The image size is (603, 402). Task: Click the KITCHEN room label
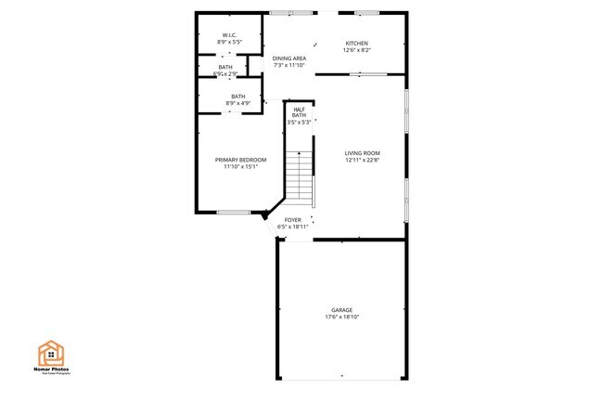(357, 44)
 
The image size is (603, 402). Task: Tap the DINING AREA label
(289, 58)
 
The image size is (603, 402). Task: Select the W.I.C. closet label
(228, 35)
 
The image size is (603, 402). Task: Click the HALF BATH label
(299, 111)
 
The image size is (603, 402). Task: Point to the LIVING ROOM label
(362, 153)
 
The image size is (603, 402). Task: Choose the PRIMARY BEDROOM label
(240, 160)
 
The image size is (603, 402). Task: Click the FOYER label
(292, 220)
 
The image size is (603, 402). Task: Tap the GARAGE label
(342, 310)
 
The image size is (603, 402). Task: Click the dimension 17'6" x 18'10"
(342, 318)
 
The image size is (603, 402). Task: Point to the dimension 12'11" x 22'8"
(362, 161)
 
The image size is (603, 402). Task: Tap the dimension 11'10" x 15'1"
(240, 167)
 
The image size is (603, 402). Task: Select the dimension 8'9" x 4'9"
(238, 103)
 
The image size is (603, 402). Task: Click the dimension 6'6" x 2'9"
(225, 73)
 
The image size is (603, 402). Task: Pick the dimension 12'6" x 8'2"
(357, 51)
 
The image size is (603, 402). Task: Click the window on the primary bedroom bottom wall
(234, 213)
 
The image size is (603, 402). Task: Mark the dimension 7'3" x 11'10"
(289, 66)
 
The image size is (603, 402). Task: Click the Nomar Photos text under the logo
(53, 370)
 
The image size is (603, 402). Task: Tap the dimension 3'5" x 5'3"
(299, 123)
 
